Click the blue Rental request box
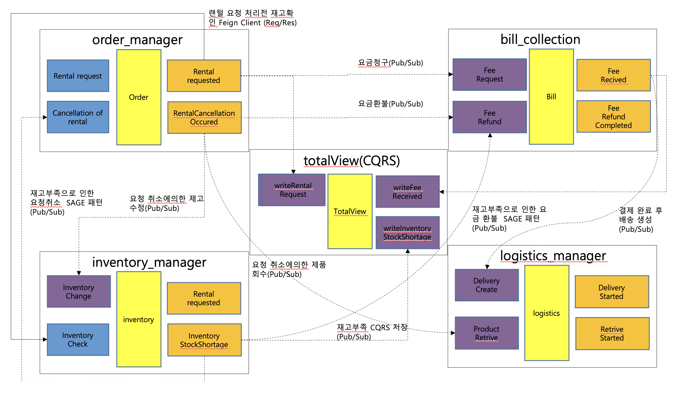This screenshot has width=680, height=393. (78, 76)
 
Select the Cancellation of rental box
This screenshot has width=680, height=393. (78, 117)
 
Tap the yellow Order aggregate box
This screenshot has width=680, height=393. (139, 97)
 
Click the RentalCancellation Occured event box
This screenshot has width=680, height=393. (204, 118)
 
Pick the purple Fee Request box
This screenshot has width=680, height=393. (489, 75)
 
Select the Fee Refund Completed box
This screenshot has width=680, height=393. (613, 116)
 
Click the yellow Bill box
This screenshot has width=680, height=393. (551, 97)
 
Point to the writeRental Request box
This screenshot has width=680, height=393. (293, 190)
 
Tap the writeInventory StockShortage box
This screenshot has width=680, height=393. (407, 233)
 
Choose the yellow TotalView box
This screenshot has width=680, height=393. (350, 211)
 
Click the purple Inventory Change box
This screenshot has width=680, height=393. (79, 291)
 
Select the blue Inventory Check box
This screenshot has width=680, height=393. (78, 340)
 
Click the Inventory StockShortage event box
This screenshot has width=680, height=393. (204, 340)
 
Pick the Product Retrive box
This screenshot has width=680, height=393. (487, 333)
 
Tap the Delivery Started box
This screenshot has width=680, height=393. (612, 292)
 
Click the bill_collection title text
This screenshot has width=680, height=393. (540, 39)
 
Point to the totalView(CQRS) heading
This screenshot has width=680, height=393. (351, 161)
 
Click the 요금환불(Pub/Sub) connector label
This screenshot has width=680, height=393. (390, 104)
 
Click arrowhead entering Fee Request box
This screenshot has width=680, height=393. (451, 74)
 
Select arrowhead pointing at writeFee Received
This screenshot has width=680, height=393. (442, 192)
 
